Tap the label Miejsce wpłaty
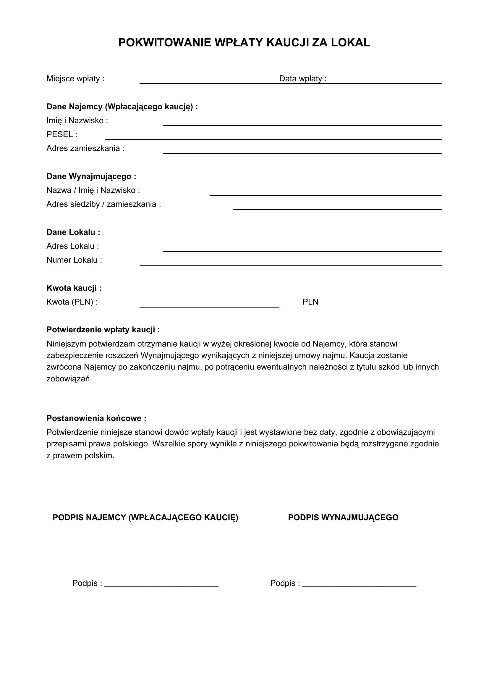pyautogui.click(x=75, y=79)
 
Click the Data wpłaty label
pyautogui.click(x=303, y=79)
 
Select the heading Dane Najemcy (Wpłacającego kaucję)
pyautogui.click(x=122, y=107)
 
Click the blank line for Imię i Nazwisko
pyautogui.click(x=302, y=125)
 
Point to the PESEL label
pyautogui.click(x=62, y=134)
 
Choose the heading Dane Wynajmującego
pyautogui.click(x=91, y=176)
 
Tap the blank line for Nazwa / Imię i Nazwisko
pyautogui.click(x=326, y=195)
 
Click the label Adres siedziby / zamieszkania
pyautogui.click(x=103, y=204)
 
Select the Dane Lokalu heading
pyautogui.click(x=73, y=232)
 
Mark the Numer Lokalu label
pyautogui.click(x=74, y=260)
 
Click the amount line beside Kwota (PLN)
pyautogui.click(x=209, y=306)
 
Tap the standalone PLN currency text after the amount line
pyautogui.click(x=310, y=302)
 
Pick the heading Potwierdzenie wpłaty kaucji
pyautogui.click(x=103, y=330)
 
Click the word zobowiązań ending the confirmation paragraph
pyautogui.click(x=69, y=379)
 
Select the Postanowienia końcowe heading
pyautogui.click(x=96, y=418)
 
